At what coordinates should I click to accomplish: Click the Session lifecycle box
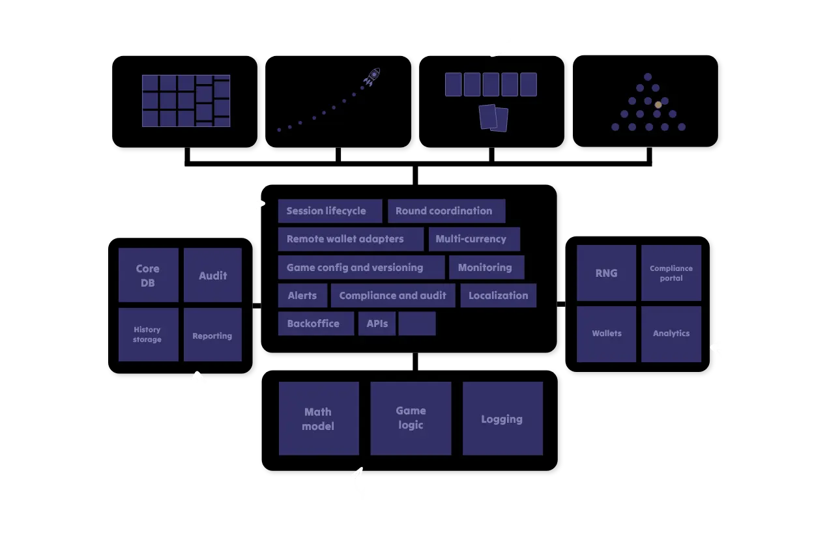[x=330, y=211]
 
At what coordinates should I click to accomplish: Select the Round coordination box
[x=446, y=211]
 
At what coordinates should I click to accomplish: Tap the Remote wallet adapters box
[x=351, y=239]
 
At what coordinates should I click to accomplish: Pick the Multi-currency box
[x=474, y=239]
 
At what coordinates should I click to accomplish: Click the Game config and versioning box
[x=361, y=267]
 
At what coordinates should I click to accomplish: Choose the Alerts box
[x=302, y=295]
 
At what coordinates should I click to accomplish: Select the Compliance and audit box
[x=393, y=295]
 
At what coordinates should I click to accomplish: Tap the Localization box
[x=499, y=295]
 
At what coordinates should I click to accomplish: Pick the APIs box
[x=377, y=323]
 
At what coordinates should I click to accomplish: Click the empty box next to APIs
[x=417, y=323]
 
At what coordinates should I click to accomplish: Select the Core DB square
[x=148, y=275]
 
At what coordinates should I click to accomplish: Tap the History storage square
[x=148, y=334]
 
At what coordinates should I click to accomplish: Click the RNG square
[x=606, y=273]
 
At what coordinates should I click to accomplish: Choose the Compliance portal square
[x=671, y=273]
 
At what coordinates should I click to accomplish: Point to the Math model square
[x=319, y=418]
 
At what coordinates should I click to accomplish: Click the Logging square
[x=502, y=418]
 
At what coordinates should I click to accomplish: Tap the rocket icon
[x=373, y=76]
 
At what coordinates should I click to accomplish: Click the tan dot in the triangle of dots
[x=658, y=104]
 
